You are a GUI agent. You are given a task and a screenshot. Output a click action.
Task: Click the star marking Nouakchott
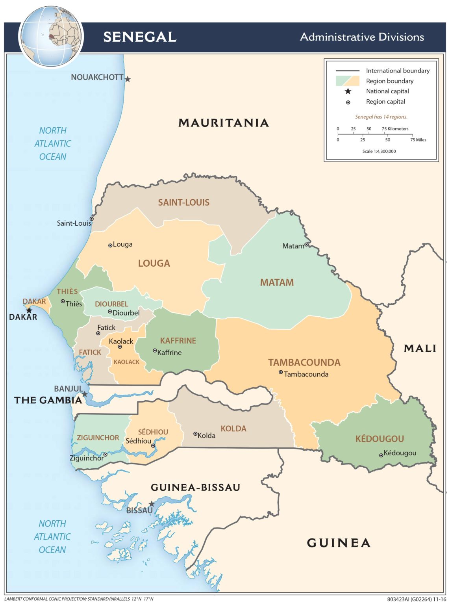(x=128, y=79)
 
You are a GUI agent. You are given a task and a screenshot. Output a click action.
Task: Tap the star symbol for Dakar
(x=29, y=310)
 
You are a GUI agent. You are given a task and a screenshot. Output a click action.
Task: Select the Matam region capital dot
(x=306, y=245)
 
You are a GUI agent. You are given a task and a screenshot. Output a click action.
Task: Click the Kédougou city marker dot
(x=381, y=455)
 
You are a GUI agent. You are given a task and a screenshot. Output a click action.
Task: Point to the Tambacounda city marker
(x=281, y=372)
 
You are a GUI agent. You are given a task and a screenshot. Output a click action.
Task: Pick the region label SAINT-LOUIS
(x=183, y=202)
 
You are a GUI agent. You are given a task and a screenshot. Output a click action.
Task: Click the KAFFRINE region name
(x=178, y=341)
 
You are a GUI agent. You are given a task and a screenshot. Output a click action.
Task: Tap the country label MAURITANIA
(x=224, y=123)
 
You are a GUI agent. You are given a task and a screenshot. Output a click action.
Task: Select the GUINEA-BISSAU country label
(x=195, y=488)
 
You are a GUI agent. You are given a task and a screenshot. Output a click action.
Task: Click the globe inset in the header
(x=52, y=37)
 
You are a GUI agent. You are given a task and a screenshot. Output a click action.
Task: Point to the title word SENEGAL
(x=140, y=37)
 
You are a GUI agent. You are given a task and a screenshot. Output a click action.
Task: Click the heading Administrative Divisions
(x=362, y=37)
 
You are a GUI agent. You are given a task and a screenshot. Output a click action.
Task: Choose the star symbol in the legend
(x=348, y=91)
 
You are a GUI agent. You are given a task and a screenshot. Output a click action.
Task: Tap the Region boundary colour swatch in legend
(x=347, y=81)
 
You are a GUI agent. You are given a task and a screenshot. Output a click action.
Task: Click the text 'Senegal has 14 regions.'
(x=381, y=117)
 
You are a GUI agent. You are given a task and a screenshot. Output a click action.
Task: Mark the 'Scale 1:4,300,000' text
(x=379, y=151)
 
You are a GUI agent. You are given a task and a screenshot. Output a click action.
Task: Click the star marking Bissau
(x=152, y=504)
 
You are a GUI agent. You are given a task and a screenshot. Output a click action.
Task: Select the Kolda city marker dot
(x=195, y=434)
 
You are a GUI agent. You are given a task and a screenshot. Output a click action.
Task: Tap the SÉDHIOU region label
(x=153, y=432)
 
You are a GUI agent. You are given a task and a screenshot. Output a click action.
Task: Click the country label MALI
(x=420, y=349)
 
